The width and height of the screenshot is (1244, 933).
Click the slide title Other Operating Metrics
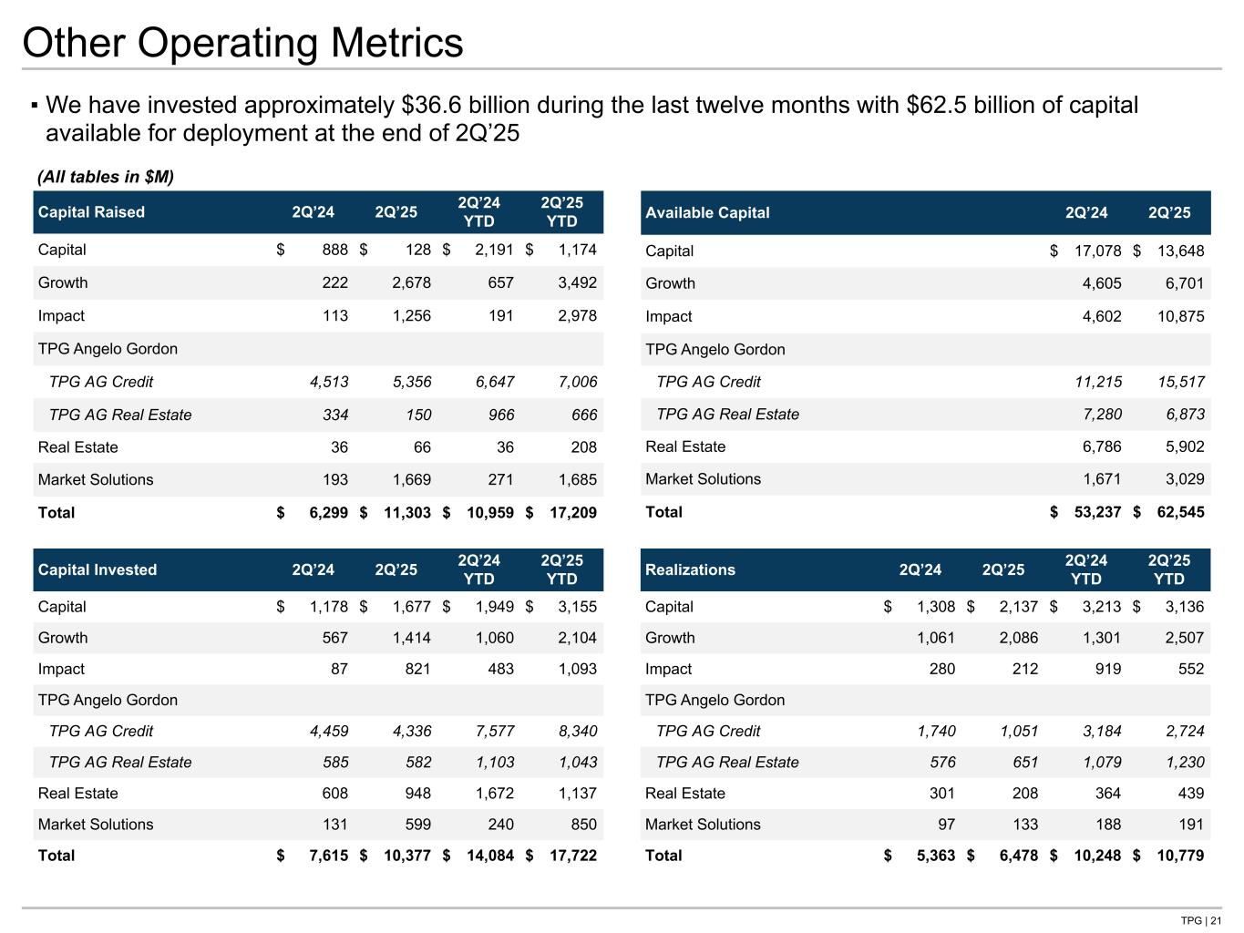pos(242,43)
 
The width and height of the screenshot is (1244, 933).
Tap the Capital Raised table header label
pos(91,212)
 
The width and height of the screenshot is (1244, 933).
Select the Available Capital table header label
pos(707,212)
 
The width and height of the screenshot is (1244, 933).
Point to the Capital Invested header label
pos(98,569)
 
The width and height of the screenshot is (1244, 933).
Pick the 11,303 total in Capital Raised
pos(406,513)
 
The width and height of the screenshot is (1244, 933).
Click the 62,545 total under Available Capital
pos(1180,512)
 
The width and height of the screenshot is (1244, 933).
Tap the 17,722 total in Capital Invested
pos(572,856)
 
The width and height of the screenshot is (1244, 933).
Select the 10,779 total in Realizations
pos(1180,856)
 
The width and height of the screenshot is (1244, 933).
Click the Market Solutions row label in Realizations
pos(703,825)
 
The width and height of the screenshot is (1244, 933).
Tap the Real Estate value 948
pos(416,794)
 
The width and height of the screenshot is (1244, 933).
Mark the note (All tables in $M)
pos(105,176)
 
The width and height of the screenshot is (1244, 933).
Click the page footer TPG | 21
pos(1201,920)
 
